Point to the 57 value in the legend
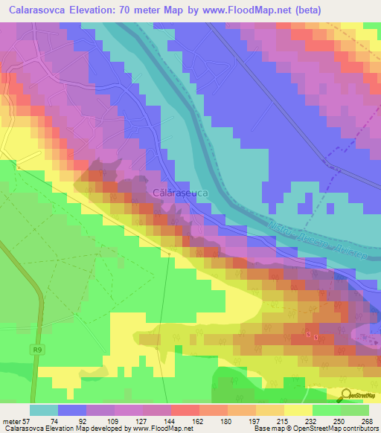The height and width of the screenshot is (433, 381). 29,420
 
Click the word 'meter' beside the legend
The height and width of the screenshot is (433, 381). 10,420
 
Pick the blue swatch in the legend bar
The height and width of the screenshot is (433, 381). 72,410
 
